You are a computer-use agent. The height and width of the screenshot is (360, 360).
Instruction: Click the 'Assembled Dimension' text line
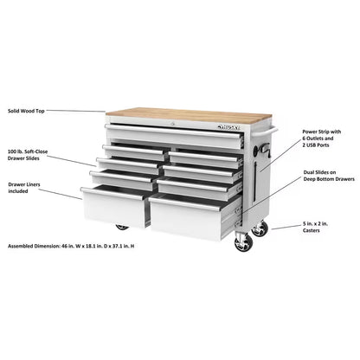[71, 246]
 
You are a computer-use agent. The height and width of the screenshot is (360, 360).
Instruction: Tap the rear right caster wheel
[259, 229]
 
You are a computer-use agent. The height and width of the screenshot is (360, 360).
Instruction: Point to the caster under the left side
[122, 228]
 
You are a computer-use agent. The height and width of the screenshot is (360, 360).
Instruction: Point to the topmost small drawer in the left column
[132, 151]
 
